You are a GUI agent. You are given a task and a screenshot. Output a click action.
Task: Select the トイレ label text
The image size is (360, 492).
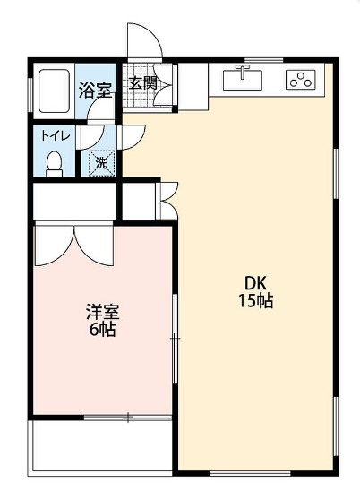[x=50, y=136]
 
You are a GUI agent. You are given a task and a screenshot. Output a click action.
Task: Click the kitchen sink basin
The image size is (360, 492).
[x=242, y=81]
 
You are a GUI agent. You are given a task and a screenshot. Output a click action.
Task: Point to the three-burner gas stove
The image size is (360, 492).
[x=300, y=80]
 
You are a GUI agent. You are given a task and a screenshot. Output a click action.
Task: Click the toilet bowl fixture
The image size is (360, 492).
[x=55, y=163]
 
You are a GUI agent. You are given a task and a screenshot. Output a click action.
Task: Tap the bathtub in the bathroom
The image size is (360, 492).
[x=52, y=90]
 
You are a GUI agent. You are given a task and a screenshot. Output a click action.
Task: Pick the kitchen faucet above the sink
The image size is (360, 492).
[x=241, y=70]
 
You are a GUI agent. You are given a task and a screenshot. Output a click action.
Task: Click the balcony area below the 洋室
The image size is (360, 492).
[x=100, y=445]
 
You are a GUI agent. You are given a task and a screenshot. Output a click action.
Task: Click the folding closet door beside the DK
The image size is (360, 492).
[x=167, y=199]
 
